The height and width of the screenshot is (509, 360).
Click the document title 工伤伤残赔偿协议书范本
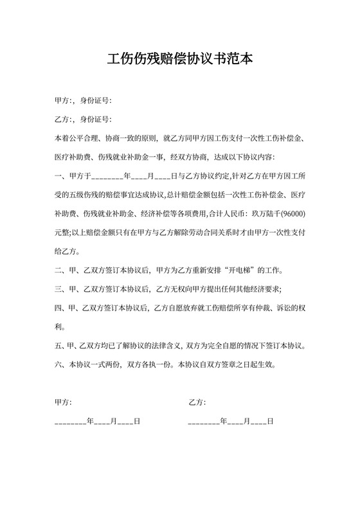[x=180, y=60]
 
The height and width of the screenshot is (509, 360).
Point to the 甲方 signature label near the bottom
[x=63, y=402]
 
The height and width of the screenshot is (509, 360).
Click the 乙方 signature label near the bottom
[x=197, y=402]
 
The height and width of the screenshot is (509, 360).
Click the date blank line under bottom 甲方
[x=98, y=422]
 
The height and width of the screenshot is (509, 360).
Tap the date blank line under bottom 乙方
[x=231, y=422]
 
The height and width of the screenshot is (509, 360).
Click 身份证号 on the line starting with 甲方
[x=96, y=101]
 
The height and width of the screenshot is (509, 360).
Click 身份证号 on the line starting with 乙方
[x=96, y=120]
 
